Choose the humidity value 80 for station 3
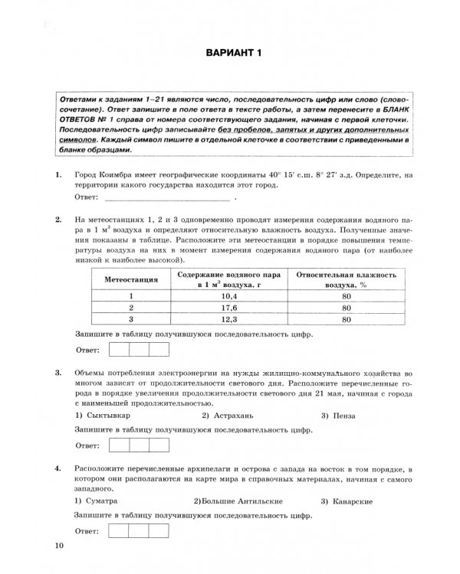pyautogui.click(x=347, y=320)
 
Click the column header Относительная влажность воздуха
pyautogui.click(x=347, y=279)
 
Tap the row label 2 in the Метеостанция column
pyautogui.click(x=131, y=308)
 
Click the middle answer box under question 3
pyautogui.click(x=140, y=445)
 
